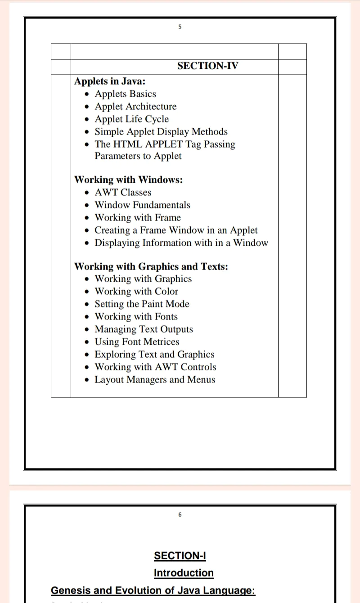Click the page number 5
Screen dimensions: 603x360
tap(180, 27)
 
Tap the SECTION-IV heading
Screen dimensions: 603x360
tap(207, 66)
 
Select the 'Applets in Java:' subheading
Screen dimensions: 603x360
tap(110, 81)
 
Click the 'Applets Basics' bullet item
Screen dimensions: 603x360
tap(125, 94)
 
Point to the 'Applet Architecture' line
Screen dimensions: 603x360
tap(135, 107)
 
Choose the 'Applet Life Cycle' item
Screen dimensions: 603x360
tap(131, 119)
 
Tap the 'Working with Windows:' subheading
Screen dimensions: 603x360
tap(128, 180)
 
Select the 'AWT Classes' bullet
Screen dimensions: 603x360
tap(123, 193)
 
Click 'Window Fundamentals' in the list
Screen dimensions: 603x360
tap(142, 205)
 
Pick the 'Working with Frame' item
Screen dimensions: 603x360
tap(137, 218)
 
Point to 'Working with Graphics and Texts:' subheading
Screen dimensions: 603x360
tap(151, 267)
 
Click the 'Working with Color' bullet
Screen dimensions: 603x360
tap(136, 292)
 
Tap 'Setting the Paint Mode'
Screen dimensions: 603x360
tap(142, 304)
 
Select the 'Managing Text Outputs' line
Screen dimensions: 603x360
tap(144, 329)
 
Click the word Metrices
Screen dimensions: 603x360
tap(161, 342)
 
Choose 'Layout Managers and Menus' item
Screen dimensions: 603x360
tap(155, 380)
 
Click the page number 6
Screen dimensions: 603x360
tap(180, 515)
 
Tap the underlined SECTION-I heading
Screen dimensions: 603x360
tap(180, 556)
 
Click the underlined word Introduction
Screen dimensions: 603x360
tap(184, 573)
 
